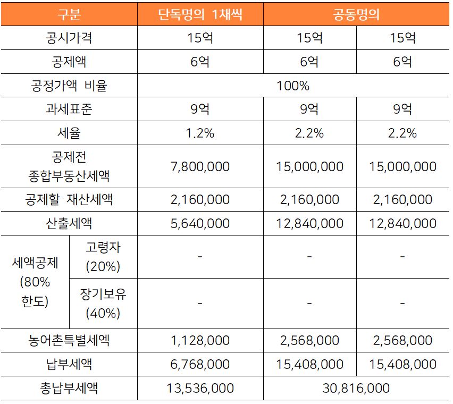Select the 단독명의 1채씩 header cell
click(x=200, y=14)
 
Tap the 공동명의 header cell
click(x=356, y=14)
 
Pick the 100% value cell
click(x=293, y=86)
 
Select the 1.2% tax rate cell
click(x=200, y=133)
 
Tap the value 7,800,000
click(x=200, y=166)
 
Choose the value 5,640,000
click(x=200, y=223)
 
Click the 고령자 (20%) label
click(x=103, y=257)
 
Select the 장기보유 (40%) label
click(x=103, y=304)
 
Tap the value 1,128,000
click(x=200, y=340)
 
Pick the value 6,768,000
click(x=200, y=364)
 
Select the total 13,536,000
click(x=200, y=389)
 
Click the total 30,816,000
click(x=356, y=389)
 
